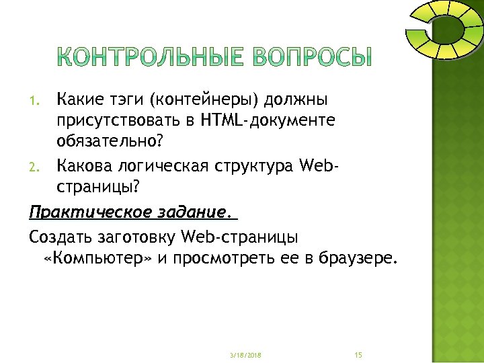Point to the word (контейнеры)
(206, 102)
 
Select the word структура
(259, 165)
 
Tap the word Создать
(59, 237)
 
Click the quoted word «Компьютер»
(97, 259)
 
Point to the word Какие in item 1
(78, 102)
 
